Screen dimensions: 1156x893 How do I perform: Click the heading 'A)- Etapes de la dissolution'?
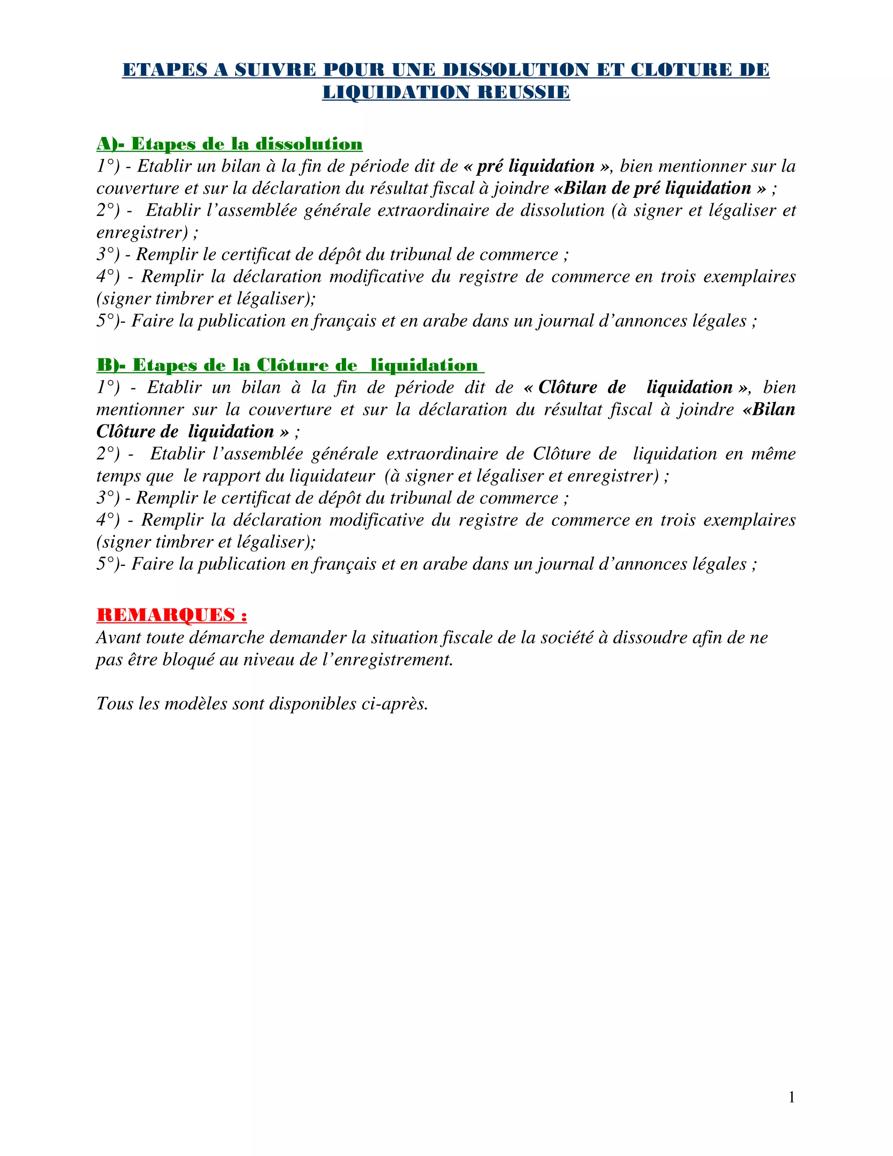230,144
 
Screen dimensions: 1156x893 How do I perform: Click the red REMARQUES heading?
172,615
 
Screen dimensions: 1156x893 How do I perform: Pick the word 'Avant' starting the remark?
119,637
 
